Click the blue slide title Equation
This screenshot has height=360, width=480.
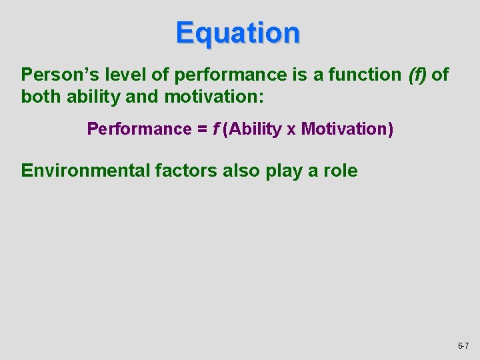(x=238, y=33)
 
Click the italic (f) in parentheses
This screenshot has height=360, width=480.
(x=417, y=75)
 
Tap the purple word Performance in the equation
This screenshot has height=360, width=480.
(x=139, y=129)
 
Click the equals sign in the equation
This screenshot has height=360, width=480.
(x=201, y=129)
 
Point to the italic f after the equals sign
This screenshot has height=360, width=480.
(x=216, y=129)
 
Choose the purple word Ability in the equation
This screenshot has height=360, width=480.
(x=255, y=129)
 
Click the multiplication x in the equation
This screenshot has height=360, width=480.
(x=291, y=129)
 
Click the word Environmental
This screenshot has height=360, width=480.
(x=85, y=171)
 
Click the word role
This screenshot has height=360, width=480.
(x=339, y=171)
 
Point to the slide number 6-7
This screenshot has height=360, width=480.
(x=463, y=346)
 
